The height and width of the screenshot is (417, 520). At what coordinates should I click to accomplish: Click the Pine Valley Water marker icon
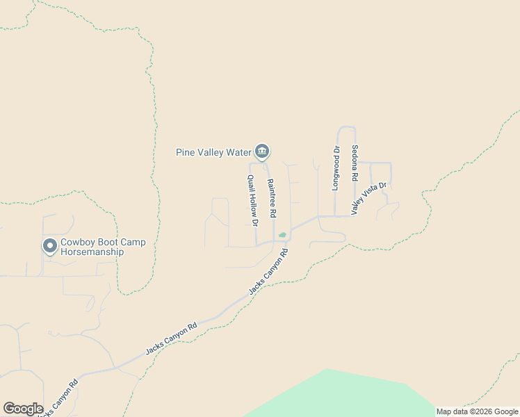[262, 151]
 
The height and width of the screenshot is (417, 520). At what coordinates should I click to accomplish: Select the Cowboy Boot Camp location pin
[50, 245]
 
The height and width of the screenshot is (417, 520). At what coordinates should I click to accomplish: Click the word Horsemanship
[92, 252]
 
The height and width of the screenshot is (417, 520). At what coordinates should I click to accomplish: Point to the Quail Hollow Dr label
[252, 201]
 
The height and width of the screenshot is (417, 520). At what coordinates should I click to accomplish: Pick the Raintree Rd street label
[272, 197]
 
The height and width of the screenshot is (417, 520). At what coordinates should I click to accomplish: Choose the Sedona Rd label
[354, 162]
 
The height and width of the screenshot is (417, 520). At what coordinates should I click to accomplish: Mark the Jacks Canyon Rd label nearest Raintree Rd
[268, 273]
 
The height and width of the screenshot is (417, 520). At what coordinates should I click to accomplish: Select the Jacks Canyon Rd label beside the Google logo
[58, 396]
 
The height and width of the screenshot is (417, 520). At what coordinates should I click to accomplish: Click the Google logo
[23, 409]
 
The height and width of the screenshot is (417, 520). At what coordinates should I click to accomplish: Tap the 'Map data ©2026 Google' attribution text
[478, 411]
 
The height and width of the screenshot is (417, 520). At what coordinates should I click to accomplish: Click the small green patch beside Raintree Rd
[282, 235]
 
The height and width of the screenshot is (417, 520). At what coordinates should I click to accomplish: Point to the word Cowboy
[78, 242]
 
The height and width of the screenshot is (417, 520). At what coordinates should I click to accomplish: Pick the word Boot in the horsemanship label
[110, 242]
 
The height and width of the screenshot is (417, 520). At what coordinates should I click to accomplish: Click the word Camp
[135, 242]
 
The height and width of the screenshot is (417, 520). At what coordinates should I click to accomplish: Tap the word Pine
[185, 152]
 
